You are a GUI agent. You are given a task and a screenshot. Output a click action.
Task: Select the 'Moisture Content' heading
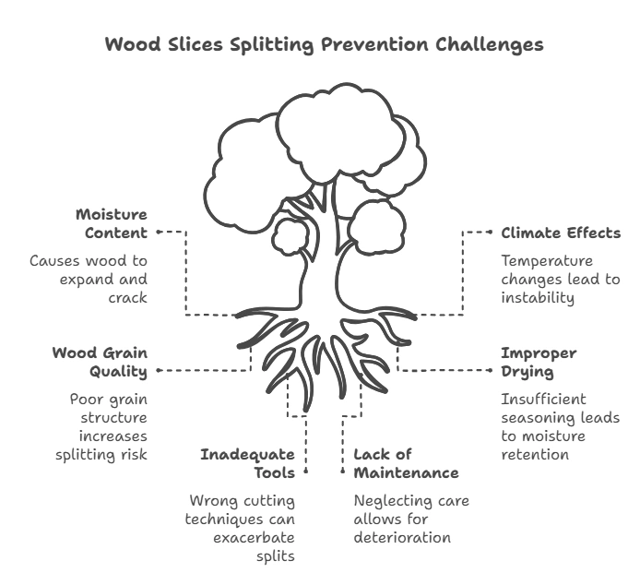coord(111,223)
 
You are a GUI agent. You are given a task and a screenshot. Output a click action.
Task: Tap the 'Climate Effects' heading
coord(560,233)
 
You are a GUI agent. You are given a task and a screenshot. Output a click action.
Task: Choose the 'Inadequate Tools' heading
coord(249,463)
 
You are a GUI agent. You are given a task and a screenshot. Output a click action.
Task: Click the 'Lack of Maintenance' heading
coord(406,463)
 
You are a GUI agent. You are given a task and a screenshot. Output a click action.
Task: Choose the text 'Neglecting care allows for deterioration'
coord(411,519)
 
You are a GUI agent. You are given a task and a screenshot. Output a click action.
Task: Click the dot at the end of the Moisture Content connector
coord(160,233)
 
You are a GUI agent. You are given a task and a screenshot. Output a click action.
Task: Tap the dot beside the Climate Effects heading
coord(491,233)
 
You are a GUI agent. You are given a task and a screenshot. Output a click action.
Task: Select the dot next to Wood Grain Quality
coord(160,370)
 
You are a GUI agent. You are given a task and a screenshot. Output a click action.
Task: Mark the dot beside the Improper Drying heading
coord(491,370)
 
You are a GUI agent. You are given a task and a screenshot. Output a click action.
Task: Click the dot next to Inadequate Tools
coord(305,471)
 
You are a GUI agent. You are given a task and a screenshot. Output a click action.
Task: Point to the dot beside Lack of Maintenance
coord(343,471)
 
